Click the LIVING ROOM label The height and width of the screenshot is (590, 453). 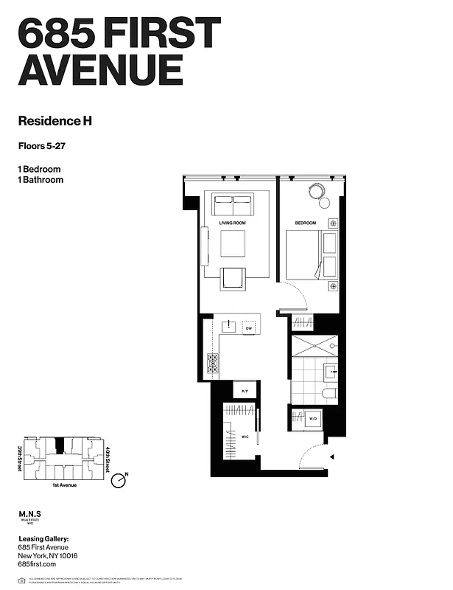232,223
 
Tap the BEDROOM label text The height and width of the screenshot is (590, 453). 306,223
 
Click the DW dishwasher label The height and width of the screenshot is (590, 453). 249,327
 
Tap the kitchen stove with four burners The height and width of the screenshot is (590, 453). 214,362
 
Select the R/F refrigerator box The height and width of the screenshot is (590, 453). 245,389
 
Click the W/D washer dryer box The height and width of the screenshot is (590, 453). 312,417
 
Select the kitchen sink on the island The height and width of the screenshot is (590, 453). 229,325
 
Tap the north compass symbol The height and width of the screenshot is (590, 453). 118,481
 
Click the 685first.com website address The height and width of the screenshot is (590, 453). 38,564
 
